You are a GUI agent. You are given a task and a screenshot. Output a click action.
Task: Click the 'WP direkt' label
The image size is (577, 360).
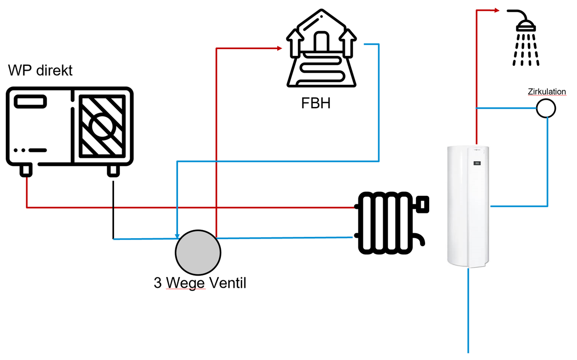pos(41,71)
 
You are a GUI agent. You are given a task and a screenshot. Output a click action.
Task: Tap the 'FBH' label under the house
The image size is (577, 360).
pos(316,103)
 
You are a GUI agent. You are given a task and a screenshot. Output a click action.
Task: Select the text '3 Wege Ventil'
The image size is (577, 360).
pos(200,283)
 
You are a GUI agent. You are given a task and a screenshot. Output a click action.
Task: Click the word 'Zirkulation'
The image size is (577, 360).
pos(547,92)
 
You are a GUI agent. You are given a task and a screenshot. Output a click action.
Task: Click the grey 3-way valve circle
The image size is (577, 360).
pos(198,252)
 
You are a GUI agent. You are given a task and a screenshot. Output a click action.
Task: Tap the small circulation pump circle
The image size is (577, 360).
pos(546,108)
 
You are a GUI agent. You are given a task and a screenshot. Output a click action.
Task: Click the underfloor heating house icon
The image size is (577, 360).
pos(321,50)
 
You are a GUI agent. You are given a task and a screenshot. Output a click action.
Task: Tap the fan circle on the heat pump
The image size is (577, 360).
pos(101,125)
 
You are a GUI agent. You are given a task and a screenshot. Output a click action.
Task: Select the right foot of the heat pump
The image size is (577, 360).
pos(113,170)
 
